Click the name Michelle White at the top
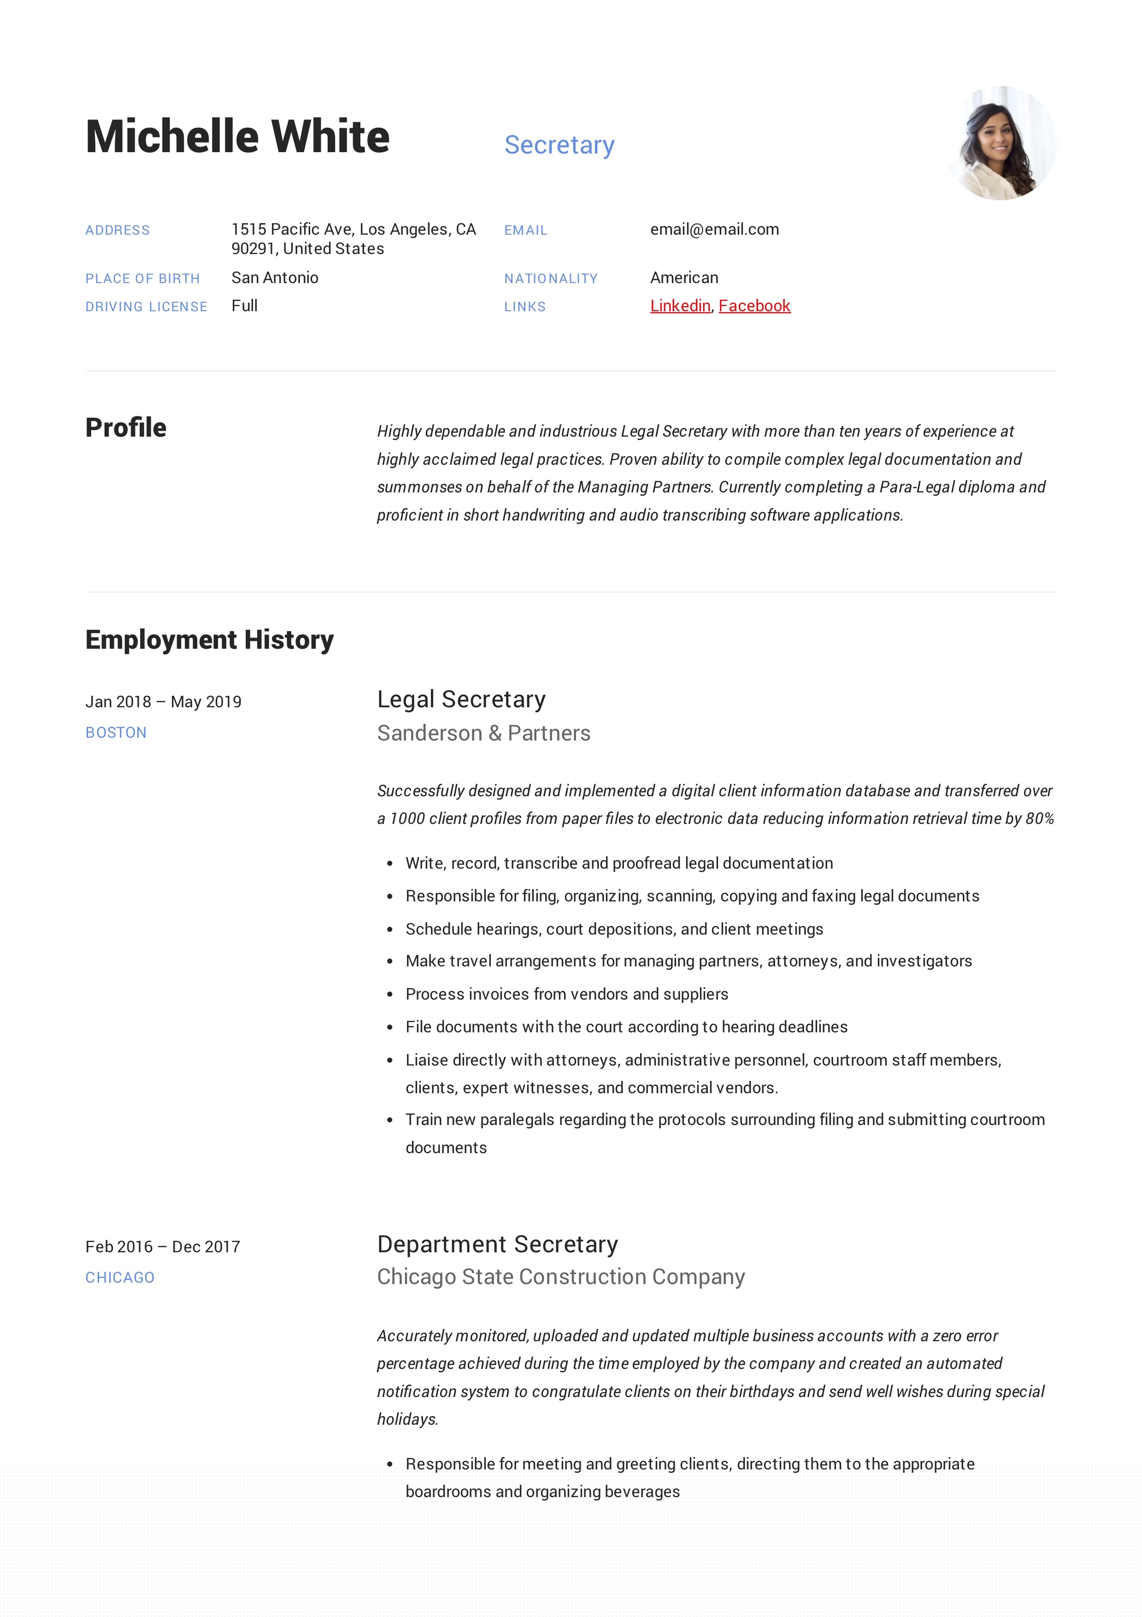click(237, 136)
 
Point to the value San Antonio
click(275, 278)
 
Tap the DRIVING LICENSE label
click(147, 306)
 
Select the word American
click(683, 278)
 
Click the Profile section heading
click(126, 427)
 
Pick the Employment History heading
click(209, 640)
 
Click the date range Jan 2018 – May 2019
click(163, 701)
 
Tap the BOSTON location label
click(116, 733)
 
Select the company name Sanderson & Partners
click(484, 733)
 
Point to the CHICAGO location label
click(120, 1278)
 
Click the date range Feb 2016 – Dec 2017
click(163, 1247)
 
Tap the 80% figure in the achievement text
click(1039, 818)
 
